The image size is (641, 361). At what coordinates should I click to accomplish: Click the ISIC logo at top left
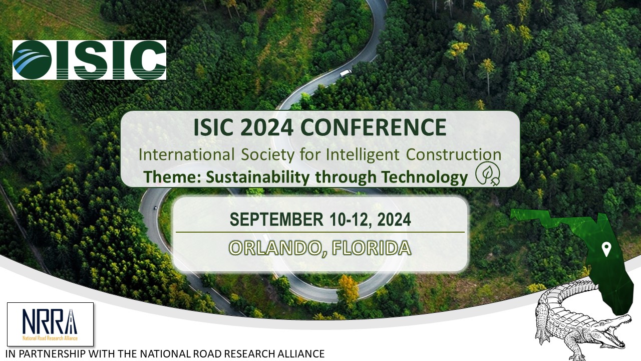[89, 60]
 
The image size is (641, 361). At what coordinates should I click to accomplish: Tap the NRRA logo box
[50, 324]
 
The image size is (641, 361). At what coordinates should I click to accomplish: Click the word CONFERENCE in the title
[378, 128]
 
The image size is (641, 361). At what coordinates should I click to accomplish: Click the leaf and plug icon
[487, 173]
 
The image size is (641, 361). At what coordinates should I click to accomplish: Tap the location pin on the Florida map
[606, 249]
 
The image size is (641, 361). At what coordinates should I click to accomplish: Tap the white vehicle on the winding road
[345, 73]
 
